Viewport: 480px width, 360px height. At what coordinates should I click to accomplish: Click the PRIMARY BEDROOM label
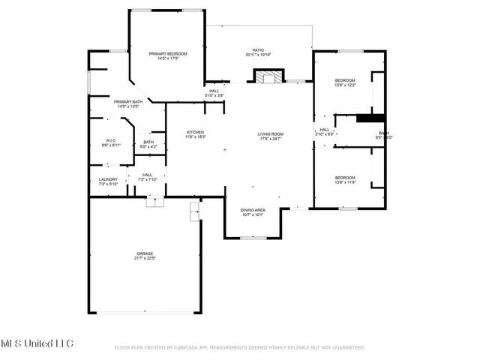coord(167,53)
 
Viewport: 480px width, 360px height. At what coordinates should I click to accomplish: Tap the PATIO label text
coord(259,50)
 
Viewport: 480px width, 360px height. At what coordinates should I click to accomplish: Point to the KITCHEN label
coord(195,132)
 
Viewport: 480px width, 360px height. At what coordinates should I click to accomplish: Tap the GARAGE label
coord(145,253)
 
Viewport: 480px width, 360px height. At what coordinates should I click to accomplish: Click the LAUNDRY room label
coord(108,179)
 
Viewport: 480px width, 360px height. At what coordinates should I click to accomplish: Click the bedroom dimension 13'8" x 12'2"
coord(345,85)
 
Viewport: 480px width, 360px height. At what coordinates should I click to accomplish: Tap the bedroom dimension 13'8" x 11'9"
coord(345,182)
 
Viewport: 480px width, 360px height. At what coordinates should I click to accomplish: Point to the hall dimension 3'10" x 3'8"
coord(214,96)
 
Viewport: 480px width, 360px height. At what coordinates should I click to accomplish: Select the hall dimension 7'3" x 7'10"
coord(147,180)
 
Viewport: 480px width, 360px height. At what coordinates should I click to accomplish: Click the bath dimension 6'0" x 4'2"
coord(148,147)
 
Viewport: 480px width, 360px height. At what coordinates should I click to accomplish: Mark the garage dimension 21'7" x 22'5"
coord(145,259)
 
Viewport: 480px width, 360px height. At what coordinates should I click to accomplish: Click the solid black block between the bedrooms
coord(370,117)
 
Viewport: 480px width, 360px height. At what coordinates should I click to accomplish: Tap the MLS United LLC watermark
coord(37,343)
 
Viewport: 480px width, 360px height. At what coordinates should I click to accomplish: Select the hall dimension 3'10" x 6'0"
coord(325,134)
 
